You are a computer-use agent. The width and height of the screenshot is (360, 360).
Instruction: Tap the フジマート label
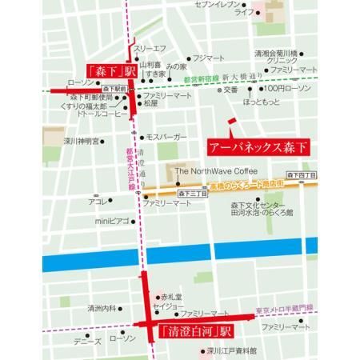tap(209, 58)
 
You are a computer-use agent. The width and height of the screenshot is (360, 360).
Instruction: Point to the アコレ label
tap(97, 202)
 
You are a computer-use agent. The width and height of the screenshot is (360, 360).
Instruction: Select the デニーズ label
tap(87, 340)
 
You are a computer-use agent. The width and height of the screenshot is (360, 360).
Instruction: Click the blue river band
tap(180, 258)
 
